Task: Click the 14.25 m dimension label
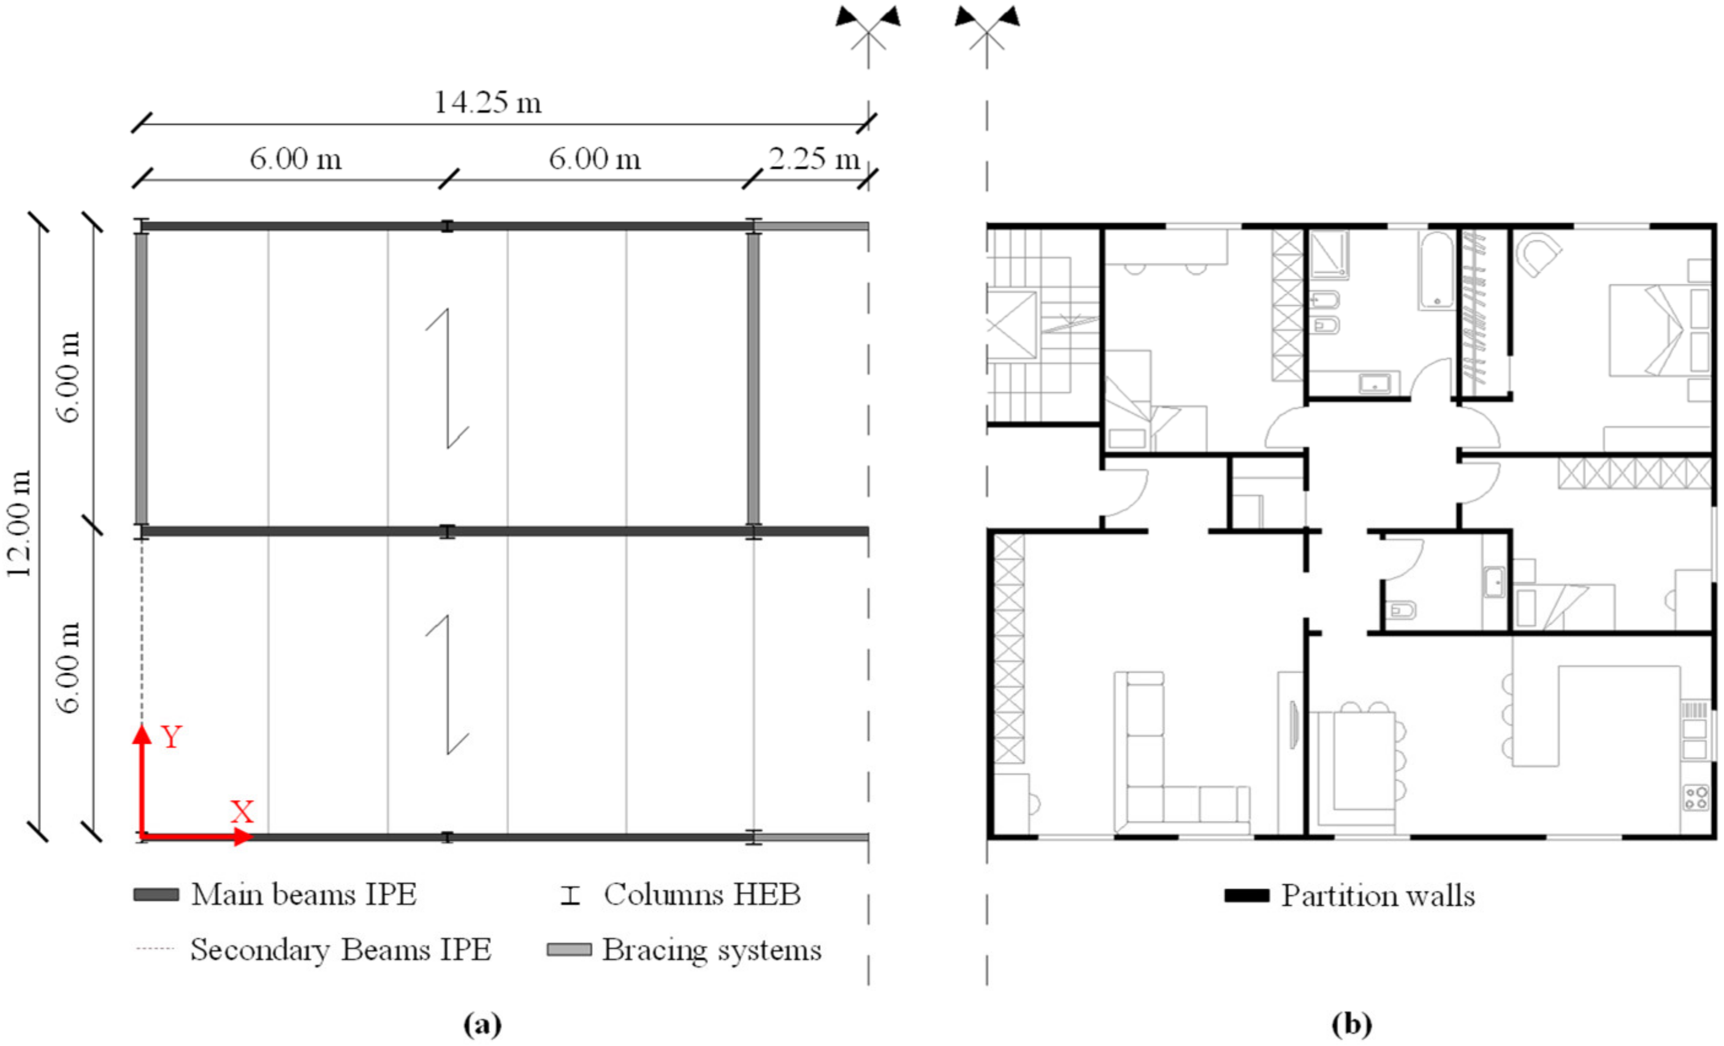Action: (x=487, y=103)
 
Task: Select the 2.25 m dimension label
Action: (x=814, y=159)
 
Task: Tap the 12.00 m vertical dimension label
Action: (x=20, y=524)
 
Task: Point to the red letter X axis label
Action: (x=242, y=812)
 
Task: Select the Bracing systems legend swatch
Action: (x=568, y=950)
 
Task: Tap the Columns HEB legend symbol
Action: (x=570, y=895)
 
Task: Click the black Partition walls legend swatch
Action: (x=1246, y=896)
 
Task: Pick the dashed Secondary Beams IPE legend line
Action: (x=154, y=950)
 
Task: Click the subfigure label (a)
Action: (x=482, y=1025)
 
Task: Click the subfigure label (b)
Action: (x=1351, y=1025)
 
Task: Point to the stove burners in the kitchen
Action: (x=1696, y=797)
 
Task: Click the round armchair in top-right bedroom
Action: (x=1538, y=254)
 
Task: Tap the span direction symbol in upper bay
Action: (x=447, y=378)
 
